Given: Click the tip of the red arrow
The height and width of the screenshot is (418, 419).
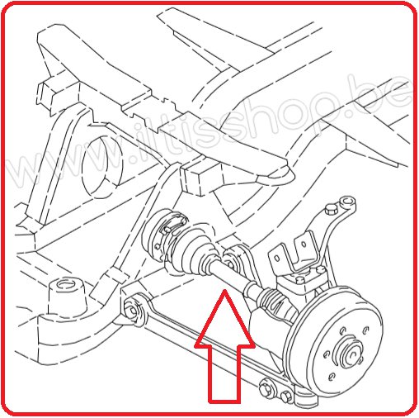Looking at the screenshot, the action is click(224, 290).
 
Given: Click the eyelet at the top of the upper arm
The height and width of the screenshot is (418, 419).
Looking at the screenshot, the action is click(347, 202).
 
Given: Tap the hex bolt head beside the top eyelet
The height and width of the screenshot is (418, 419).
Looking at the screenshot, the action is click(331, 209).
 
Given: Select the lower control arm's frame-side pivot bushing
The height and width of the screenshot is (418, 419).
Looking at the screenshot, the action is click(134, 309).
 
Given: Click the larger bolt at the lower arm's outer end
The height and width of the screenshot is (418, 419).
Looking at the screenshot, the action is click(266, 389).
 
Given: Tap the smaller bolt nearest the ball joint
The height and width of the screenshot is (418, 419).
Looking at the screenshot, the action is click(286, 397).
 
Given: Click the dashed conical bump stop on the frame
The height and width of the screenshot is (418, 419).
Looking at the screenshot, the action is click(66, 297).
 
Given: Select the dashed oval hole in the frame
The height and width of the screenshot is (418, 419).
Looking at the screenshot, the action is click(102, 166).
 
